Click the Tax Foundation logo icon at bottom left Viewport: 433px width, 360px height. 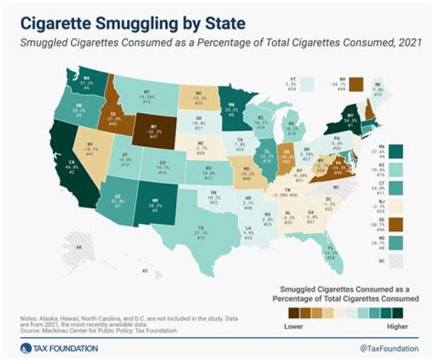(23, 349)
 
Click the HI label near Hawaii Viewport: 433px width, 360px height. (144, 270)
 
